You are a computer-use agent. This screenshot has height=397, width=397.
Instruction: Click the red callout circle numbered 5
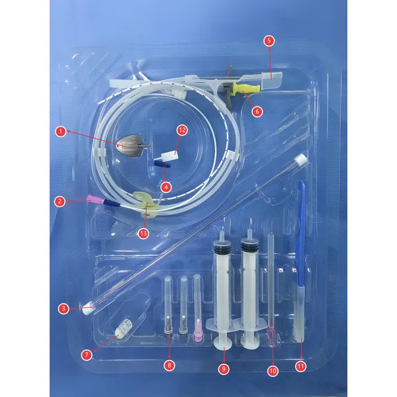click(x=268, y=40)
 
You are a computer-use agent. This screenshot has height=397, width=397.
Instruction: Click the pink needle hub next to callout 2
click(x=91, y=199)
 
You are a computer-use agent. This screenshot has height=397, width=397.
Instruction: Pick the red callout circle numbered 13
click(x=143, y=233)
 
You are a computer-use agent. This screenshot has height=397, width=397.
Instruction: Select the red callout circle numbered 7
click(x=86, y=355)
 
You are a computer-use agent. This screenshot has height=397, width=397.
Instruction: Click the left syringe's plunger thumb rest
click(x=223, y=342)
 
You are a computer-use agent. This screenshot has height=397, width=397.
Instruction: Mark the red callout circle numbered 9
click(x=224, y=367)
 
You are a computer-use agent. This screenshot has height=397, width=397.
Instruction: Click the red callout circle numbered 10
click(x=272, y=371)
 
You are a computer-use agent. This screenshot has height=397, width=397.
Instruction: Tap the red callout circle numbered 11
click(x=301, y=365)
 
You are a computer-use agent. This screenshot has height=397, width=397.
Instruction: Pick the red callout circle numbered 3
click(x=63, y=308)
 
